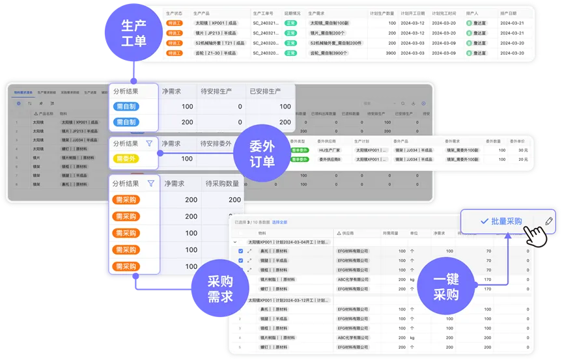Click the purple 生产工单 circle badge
133,33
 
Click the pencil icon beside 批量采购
548,221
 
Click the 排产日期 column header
508,13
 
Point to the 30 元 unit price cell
521,150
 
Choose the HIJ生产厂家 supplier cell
331,150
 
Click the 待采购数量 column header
223,184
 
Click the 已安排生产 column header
265,91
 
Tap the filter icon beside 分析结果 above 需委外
149,143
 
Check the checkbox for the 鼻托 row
241,251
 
